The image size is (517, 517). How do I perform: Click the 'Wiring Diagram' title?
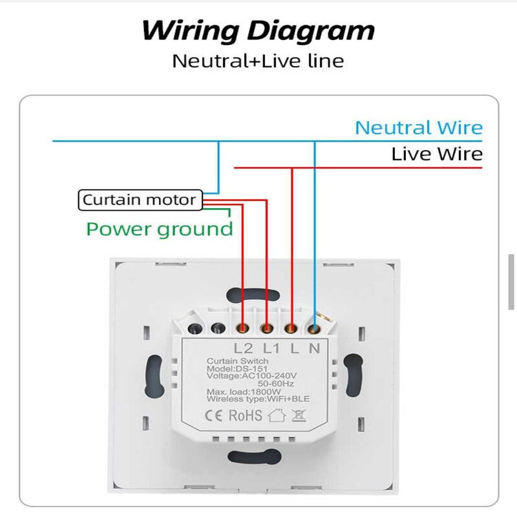pyautogui.click(x=258, y=30)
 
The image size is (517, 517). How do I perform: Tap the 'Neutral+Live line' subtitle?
pyautogui.click(x=258, y=61)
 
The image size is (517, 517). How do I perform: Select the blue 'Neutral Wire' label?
pyautogui.click(x=419, y=127)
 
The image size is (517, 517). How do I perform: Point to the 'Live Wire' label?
pyautogui.click(x=437, y=154)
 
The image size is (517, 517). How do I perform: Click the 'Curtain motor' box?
pyautogui.click(x=139, y=200)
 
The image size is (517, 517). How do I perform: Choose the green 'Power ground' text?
pyautogui.click(x=160, y=229)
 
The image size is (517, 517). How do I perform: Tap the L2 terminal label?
pyautogui.click(x=244, y=348)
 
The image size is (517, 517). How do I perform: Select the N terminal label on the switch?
pyautogui.click(x=315, y=348)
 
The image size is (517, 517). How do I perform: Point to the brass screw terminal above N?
pyautogui.click(x=315, y=329)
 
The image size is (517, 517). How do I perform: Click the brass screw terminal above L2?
pyautogui.click(x=244, y=329)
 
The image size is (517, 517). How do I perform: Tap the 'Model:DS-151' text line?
pyautogui.click(x=233, y=368)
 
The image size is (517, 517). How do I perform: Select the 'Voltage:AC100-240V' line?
pyautogui.click(x=251, y=375)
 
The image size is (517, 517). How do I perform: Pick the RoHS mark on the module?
pyautogui.click(x=245, y=415)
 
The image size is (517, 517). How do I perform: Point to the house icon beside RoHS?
pyautogui.click(x=277, y=415)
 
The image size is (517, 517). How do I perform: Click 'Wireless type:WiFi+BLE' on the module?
pyautogui.click(x=257, y=399)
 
